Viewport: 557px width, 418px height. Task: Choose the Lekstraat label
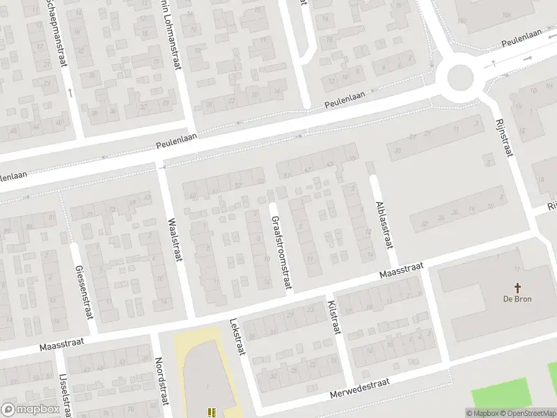tap(237, 337)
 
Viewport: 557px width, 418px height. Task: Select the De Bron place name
tap(517, 300)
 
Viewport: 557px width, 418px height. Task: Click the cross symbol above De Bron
tap(517, 287)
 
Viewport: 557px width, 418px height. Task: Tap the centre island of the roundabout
tap(460, 77)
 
